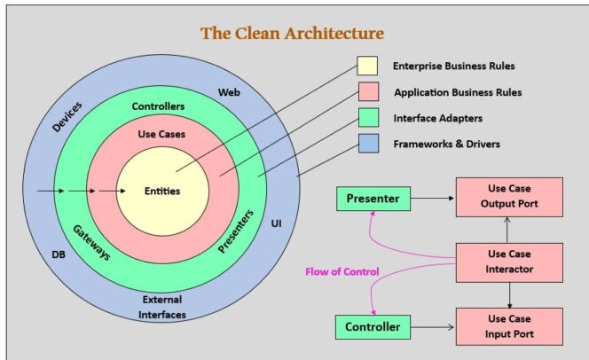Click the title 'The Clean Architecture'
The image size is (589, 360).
292,34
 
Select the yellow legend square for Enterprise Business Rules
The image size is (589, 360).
367,67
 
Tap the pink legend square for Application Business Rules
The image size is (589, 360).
367,92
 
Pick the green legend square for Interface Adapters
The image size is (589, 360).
367,117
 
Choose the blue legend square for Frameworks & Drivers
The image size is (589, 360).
367,142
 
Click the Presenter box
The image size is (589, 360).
373,199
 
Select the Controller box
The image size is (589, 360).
373,327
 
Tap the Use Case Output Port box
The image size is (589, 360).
509,199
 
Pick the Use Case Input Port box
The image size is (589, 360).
509,326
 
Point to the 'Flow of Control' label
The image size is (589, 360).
342,270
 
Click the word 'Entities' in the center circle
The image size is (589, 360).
162,191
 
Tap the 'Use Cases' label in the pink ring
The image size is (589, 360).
161,134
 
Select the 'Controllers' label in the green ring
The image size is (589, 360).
158,106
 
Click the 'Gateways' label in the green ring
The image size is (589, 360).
91,242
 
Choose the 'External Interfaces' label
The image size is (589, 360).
161,305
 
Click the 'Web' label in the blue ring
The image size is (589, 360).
229,92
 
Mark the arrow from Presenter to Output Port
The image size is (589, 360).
433,199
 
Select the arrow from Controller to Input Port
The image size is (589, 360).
433,327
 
